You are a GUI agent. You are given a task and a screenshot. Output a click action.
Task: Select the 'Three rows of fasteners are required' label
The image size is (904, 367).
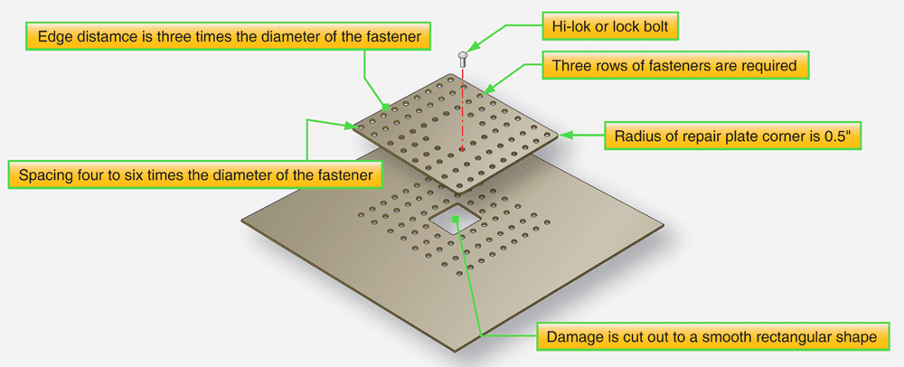point(674,65)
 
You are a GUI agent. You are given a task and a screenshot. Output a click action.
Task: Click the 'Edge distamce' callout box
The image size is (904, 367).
point(227,37)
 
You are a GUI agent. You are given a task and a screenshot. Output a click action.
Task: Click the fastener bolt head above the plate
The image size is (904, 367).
point(464,57)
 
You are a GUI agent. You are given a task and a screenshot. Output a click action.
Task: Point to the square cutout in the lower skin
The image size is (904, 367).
point(455,219)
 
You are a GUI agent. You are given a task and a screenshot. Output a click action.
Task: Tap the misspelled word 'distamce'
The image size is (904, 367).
point(99,37)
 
